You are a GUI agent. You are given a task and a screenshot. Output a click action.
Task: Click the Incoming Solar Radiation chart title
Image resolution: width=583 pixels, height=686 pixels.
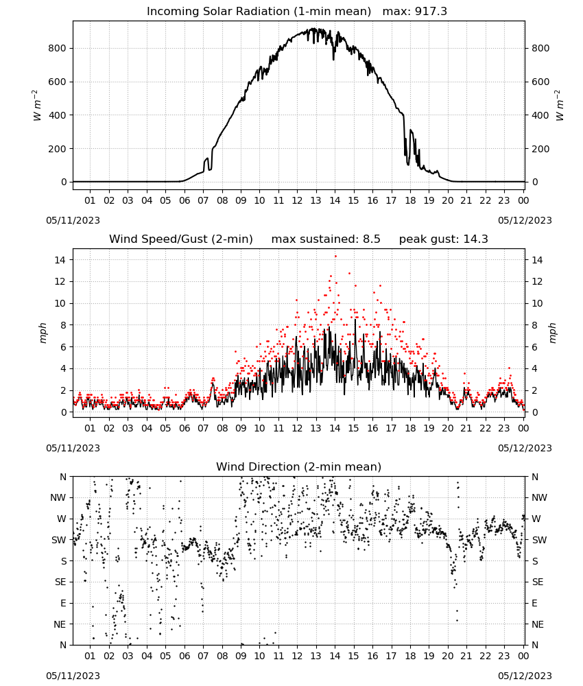(x=259, y=12)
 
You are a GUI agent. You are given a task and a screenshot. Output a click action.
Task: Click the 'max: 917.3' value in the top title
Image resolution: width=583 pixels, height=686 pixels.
(x=415, y=12)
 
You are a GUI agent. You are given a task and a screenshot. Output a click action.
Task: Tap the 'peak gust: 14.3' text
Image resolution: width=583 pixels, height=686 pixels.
(x=444, y=239)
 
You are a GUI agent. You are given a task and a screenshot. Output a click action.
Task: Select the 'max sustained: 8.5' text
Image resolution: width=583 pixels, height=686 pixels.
(x=326, y=239)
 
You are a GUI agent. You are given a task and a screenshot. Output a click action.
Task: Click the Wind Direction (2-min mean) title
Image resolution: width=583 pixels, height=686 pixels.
(x=299, y=466)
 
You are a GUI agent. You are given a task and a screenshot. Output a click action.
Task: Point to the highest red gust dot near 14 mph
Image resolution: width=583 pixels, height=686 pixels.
(x=335, y=257)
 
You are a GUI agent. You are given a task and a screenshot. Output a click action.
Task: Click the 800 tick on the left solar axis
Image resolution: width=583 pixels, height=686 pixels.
(x=58, y=48)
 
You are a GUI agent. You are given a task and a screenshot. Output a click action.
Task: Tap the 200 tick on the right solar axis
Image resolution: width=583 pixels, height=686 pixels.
(x=540, y=149)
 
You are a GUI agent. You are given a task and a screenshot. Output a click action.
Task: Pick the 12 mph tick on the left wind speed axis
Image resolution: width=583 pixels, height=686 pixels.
(x=60, y=282)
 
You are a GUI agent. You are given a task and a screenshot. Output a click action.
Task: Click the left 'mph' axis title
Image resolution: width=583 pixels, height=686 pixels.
(x=43, y=333)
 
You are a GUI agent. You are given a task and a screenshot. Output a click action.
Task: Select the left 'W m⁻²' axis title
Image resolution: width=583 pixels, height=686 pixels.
(x=36, y=106)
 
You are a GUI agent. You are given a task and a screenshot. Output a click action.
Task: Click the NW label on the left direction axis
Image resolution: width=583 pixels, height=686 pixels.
(x=58, y=498)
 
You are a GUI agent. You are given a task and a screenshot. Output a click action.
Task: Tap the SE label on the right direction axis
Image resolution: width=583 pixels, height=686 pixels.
(x=538, y=582)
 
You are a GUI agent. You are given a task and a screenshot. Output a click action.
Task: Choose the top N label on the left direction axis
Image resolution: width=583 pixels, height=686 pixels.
(x=63, y=477)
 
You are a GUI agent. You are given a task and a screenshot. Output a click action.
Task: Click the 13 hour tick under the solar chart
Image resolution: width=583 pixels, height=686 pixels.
(x=316, y=200)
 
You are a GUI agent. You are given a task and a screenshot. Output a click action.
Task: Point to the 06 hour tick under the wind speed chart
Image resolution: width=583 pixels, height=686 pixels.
(x=184, y=428)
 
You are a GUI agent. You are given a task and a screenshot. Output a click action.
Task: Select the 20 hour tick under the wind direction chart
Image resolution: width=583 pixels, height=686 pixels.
(x=447, y=656)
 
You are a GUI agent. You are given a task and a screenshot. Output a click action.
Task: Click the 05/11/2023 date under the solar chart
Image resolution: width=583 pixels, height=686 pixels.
(x=73, y=220)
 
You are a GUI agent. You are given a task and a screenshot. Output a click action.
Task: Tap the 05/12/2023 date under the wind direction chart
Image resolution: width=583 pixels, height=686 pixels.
(x=525, y=676)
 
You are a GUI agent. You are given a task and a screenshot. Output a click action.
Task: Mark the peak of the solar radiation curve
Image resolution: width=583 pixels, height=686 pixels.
(x=313, y=28)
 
